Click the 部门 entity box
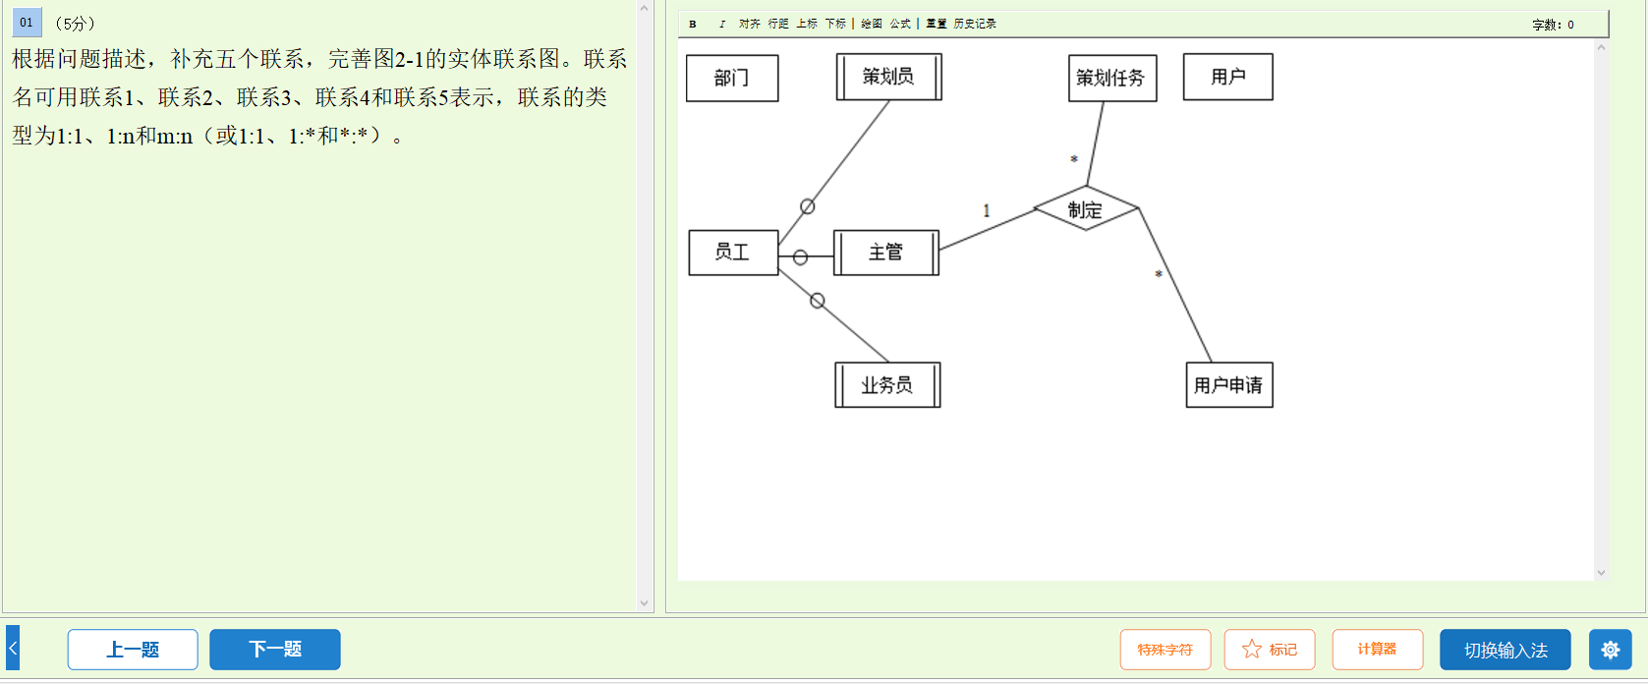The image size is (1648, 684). pos(732,79)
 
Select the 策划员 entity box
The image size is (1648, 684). pos(888,77)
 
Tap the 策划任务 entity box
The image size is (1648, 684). pos(1111,79)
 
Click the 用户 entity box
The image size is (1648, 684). pos(1227,77)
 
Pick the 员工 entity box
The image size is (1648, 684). pos(733,253)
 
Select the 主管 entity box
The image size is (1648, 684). pos(885,253)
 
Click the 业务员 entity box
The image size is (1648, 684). pos(887,385)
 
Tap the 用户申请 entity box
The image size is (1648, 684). pos(1228,385)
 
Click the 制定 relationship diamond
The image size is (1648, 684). pos(1086,209)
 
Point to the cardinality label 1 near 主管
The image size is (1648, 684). pos(987,210)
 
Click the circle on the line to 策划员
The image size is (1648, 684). pos(808,206)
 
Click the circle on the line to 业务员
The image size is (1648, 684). pos(818,301)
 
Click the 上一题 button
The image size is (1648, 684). pos(133,650)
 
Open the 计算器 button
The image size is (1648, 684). pos(1377,650)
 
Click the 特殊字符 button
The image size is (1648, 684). pos(1165,650)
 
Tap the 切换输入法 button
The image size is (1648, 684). pos(1505,650)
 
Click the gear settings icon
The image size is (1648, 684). pos(1610,650)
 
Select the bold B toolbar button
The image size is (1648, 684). pos(693,25)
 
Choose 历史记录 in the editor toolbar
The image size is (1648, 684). pos(975,25)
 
